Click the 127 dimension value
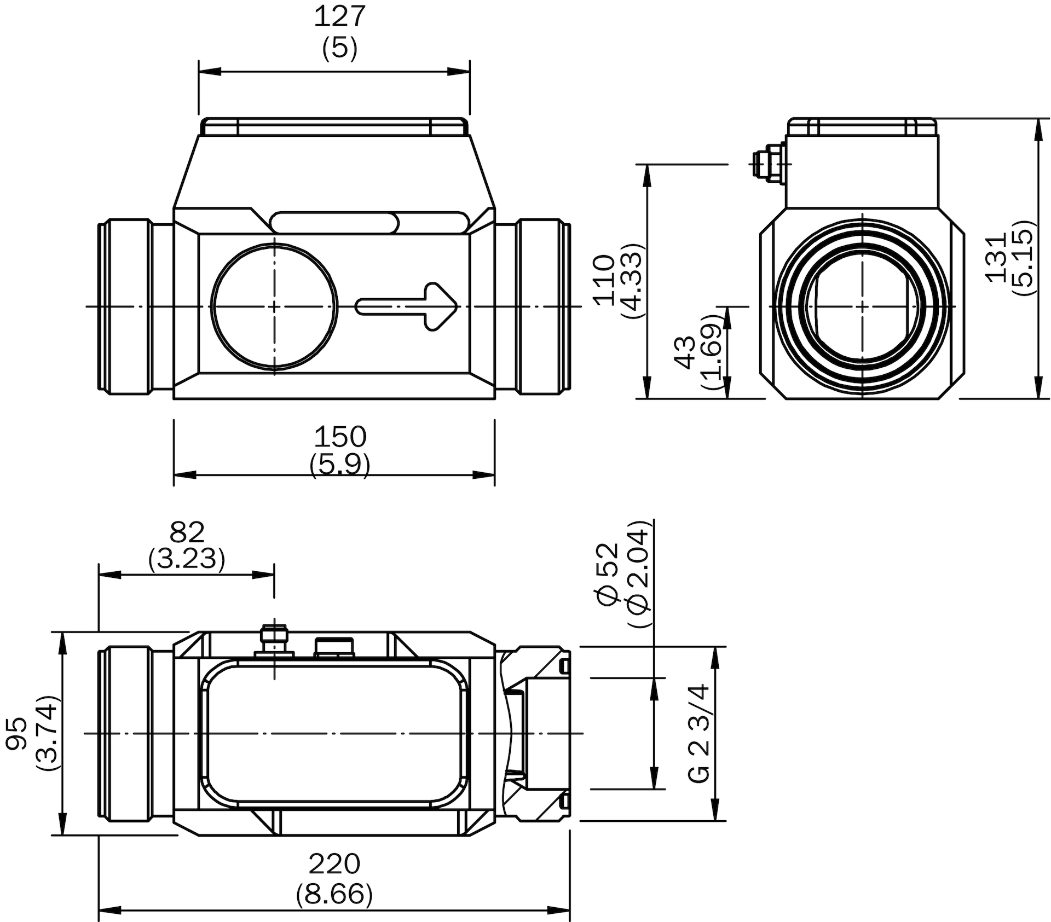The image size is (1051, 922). point(339,16)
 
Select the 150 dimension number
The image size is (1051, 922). point(340,437)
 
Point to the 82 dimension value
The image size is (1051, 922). point(187,532)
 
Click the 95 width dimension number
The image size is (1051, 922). point(17,733)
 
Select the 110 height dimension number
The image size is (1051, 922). point(605,280)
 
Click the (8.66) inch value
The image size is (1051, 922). point(334,895)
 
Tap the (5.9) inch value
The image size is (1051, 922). point(340,466)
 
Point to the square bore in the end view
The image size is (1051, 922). point(863,306)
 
